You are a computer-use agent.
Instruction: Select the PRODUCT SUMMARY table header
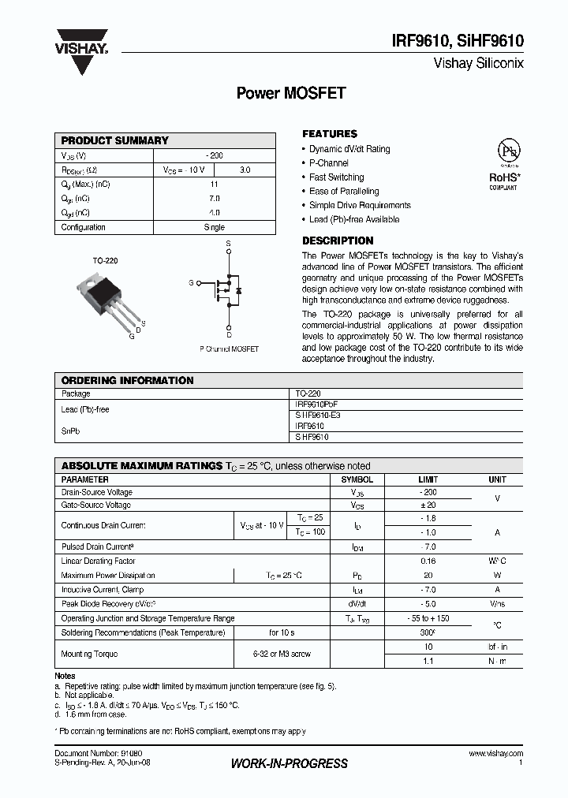coord(115,140)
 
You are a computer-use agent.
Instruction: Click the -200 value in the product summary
coord(214,155)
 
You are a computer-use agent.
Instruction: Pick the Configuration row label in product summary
coord(84,227)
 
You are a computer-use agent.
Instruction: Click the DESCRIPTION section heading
coord(338,241)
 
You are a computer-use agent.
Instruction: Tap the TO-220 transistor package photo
coord(107,296)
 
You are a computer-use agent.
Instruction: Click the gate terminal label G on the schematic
coord(191,282)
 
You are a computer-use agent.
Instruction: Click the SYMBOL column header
coord(357,479)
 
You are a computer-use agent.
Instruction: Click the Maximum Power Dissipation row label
coord(108,576)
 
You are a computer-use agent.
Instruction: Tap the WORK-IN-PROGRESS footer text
coord(289,763)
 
